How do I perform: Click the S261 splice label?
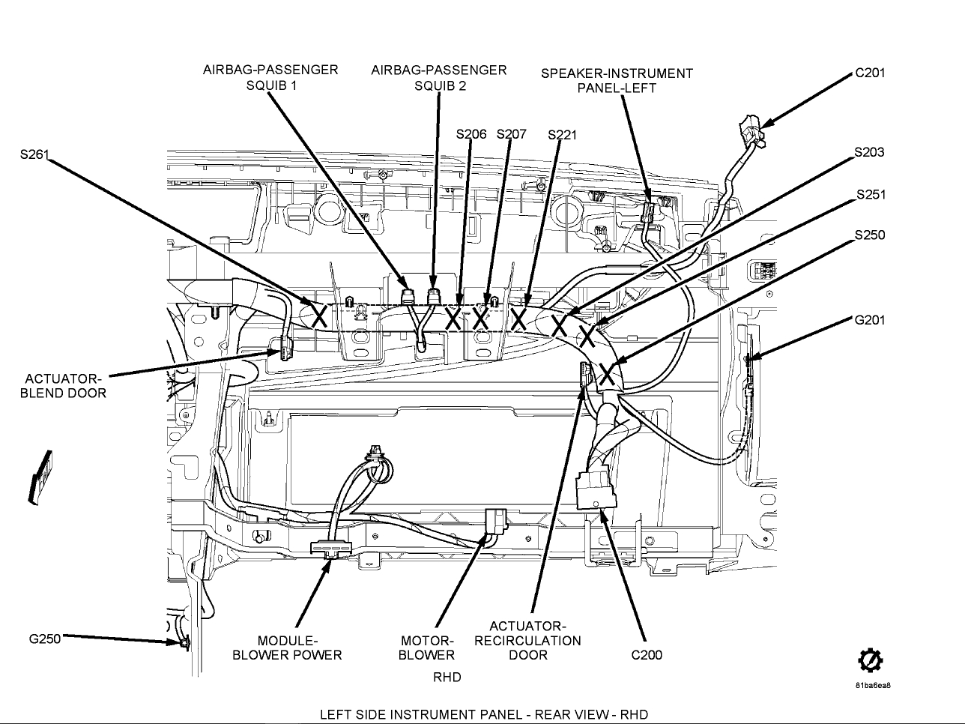click(x=34, y=155)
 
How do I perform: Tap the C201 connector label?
click(x=869, y=73)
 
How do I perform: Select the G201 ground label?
click(x=869, y=320)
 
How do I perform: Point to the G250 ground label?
click(x=44, y=639)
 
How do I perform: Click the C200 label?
click(x=647, y=655)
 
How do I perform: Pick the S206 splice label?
click(x=471, y=134)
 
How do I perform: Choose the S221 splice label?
click(x=562, y=135)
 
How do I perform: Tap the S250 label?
click(x=869, y=235)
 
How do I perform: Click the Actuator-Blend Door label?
click(x=63, y=385)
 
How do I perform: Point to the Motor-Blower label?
click(x=426, y=648)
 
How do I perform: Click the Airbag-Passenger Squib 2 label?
click(x=439, y=77)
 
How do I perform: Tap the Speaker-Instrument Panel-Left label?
click(x=617, y=80)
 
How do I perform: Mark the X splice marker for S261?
click(x=318, y=315)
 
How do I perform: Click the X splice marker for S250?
click(x=607, y=372)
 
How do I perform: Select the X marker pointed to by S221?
click(x=519, y=319)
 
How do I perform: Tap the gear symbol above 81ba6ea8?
click(x=870, y=660)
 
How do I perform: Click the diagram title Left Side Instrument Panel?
click(x=483, y=714)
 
